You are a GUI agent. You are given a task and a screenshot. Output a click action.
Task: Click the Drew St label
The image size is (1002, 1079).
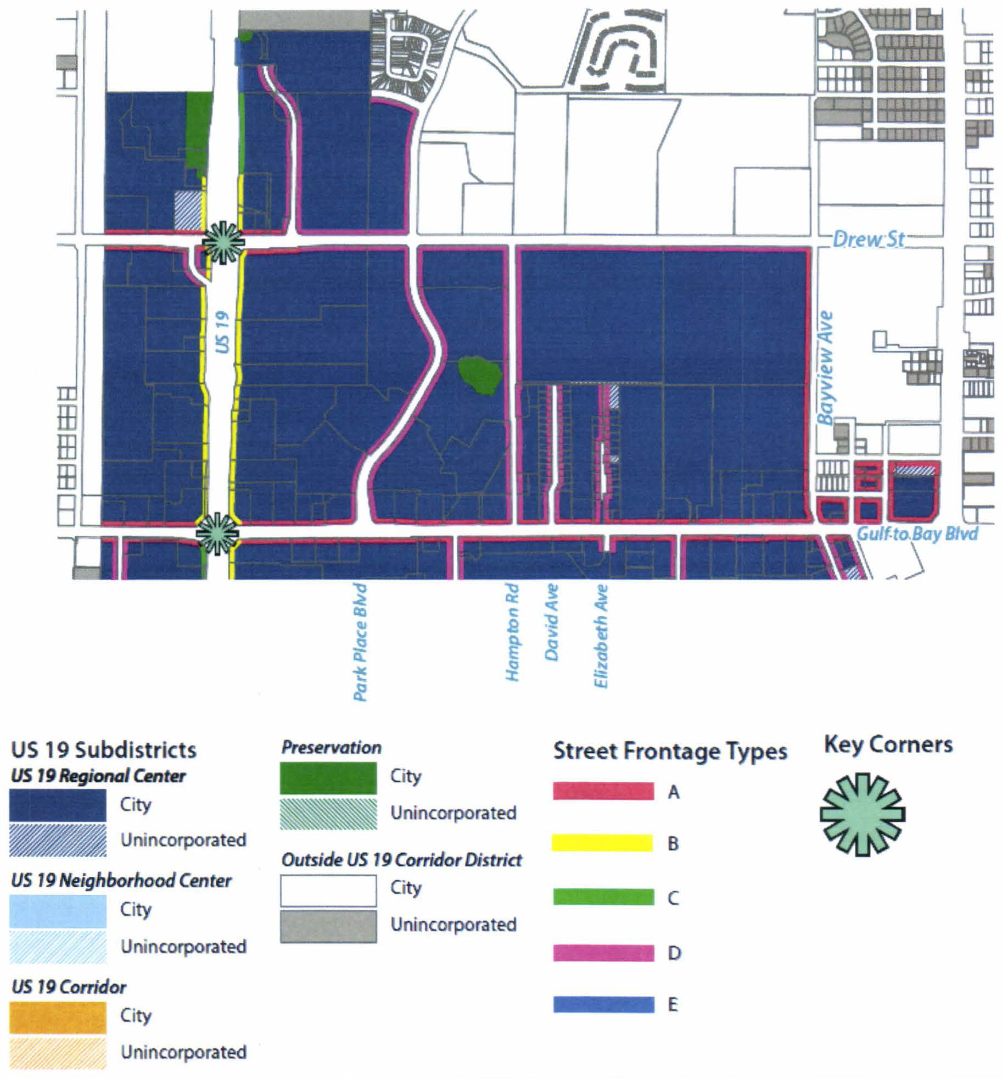pos(868,239)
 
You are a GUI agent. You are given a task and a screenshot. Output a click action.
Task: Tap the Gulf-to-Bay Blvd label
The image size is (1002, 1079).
pos(917,533)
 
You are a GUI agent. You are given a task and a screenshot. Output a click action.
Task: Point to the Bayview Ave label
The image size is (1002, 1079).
pos(825,368)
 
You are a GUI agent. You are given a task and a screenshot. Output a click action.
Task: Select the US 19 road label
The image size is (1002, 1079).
pos(221,332)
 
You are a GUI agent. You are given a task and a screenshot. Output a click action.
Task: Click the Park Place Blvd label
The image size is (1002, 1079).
pos(360,642)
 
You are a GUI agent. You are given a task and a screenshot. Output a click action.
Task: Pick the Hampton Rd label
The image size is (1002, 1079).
pos(512,632)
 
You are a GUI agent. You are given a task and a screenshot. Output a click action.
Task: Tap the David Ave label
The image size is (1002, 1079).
pos(551,622)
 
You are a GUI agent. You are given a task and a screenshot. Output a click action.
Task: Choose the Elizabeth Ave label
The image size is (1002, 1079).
pos(601,636)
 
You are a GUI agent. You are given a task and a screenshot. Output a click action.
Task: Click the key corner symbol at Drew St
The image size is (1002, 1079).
pos(223,243)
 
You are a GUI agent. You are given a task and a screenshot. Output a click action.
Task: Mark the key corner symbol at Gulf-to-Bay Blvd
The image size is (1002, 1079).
pos(217,533)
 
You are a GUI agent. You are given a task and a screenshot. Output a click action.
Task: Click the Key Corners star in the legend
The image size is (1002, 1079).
pos(862,814)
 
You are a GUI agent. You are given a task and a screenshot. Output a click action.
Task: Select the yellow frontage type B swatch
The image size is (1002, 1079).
pos(602,843)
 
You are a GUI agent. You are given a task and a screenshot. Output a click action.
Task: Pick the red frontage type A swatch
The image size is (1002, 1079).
pos(603,791)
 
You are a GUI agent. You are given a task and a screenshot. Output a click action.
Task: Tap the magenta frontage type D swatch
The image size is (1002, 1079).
pos(603,953)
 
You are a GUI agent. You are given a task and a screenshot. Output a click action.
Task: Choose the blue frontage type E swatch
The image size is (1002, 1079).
pos(603,1005)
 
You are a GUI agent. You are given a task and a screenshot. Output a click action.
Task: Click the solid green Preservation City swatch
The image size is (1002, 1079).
pos(328,777)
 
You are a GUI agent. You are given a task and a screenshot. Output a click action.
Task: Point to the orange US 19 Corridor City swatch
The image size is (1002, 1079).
pos(58,1017)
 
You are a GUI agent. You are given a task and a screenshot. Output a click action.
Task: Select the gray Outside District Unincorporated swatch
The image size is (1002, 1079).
pos(328,926)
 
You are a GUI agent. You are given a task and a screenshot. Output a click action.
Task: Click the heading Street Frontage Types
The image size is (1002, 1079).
pos(670,751)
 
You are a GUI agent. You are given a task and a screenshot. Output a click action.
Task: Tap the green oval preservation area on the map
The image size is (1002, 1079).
pos(479,375)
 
